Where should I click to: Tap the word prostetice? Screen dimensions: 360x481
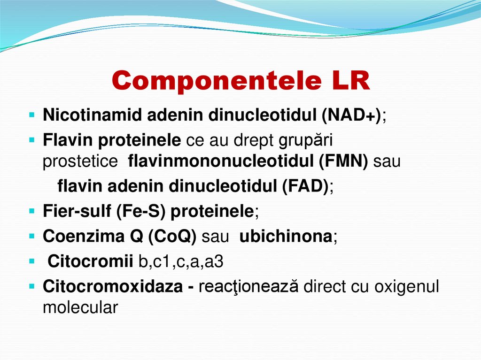click(x=80, y=161)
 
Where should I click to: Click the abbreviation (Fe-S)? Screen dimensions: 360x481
click(x=141, y=211)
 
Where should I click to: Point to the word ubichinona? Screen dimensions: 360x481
click(x=286, y=236)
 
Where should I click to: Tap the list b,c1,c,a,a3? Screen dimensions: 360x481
click(x=180, y=261)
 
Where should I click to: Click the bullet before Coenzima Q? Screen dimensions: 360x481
click(x=31, y=236)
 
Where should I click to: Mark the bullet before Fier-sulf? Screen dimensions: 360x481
click(x=31, y=211)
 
